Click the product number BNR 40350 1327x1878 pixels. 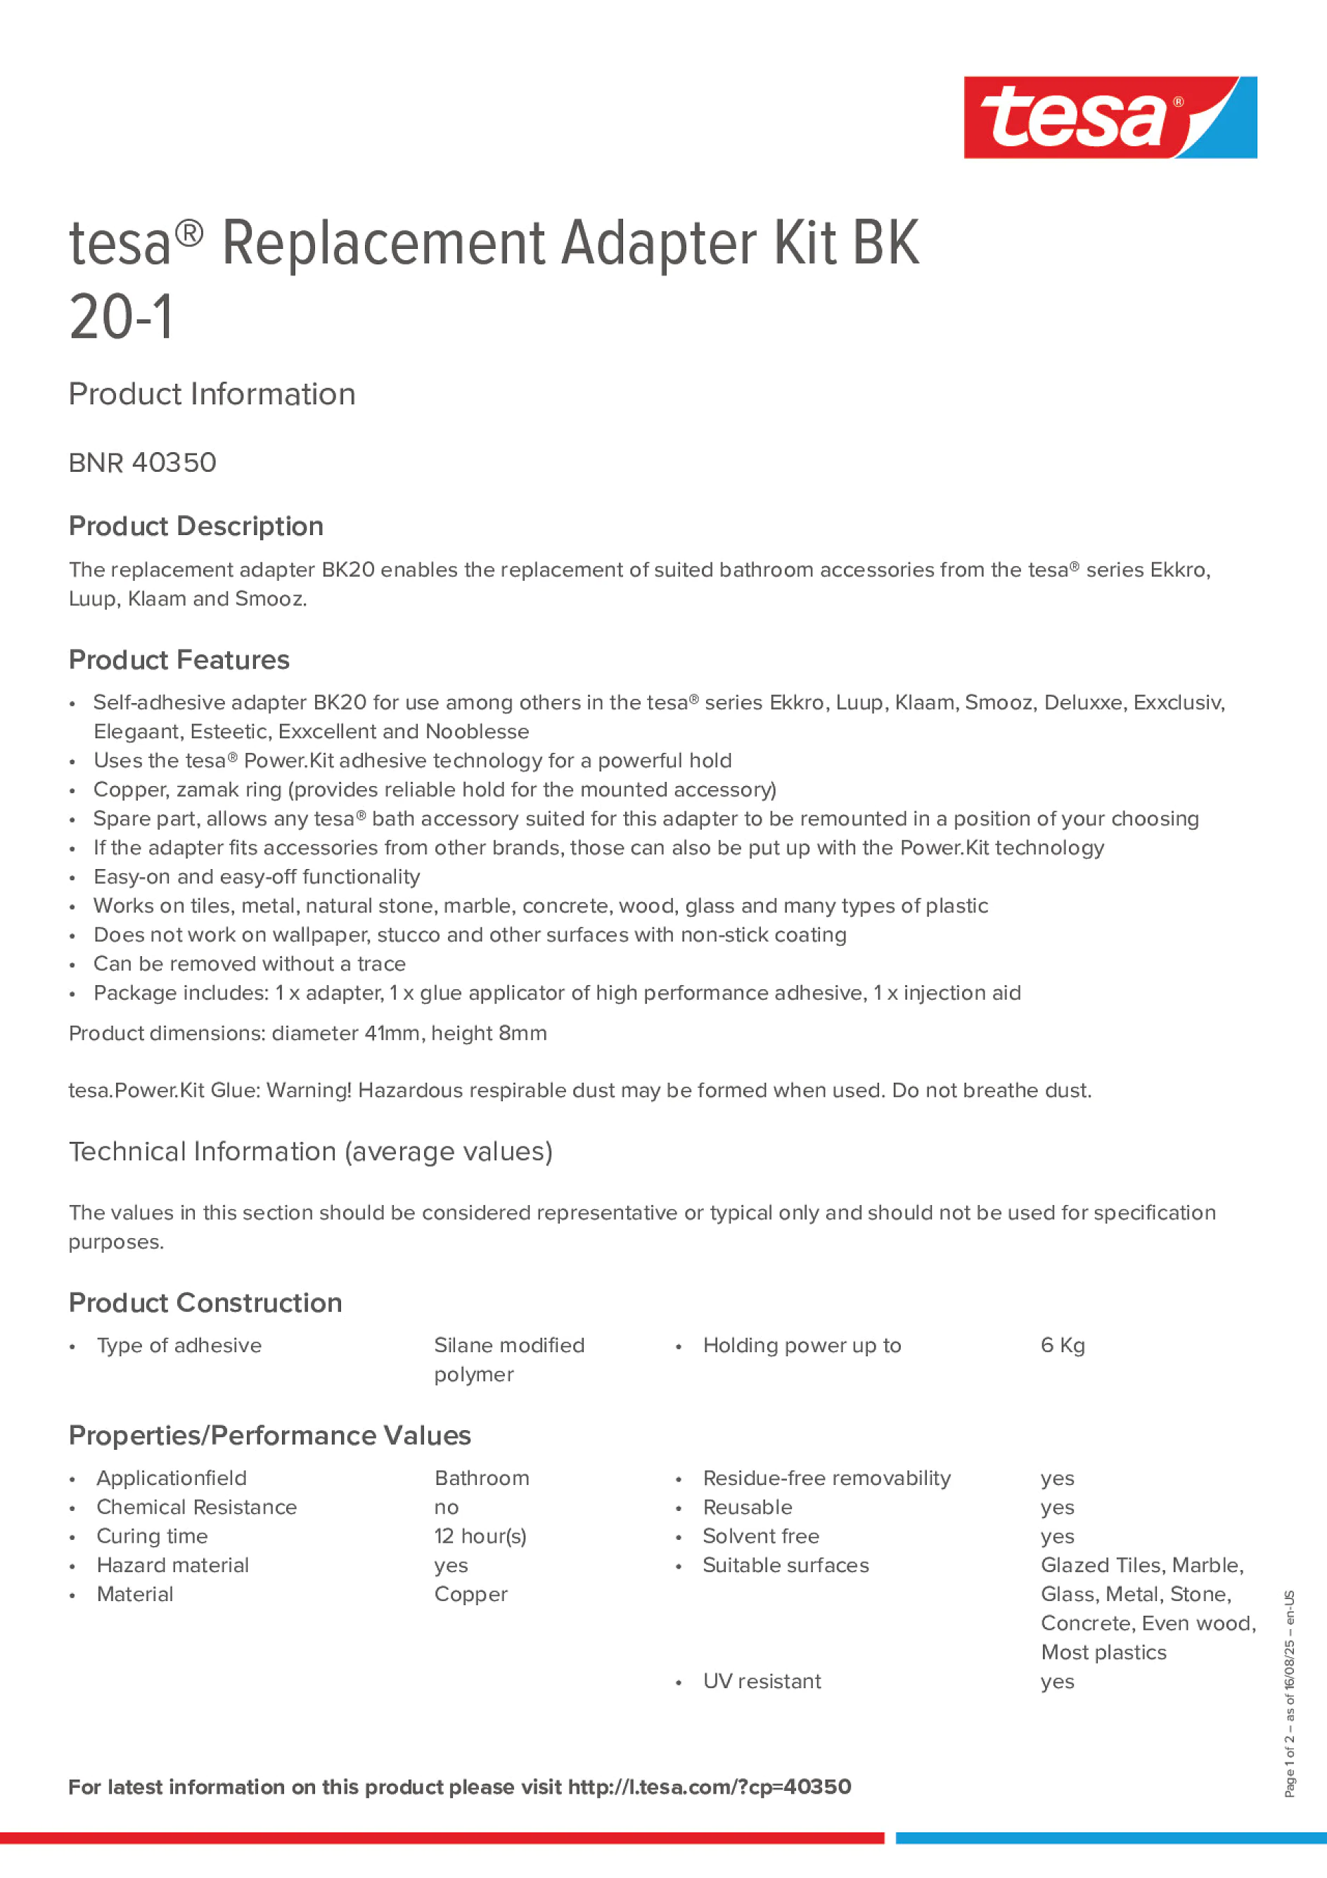[x=142, y=463]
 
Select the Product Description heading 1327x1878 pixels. [x=195, y=526]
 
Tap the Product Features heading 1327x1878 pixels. [x=179, y=660]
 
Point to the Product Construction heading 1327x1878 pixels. [x=205, y=1303]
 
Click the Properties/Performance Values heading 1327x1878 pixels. [x=269, y=1436]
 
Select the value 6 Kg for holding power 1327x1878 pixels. [x=1062, y=1346]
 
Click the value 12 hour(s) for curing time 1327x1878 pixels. [x=480, y=1536]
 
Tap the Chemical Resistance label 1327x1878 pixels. [x=196, y=1507]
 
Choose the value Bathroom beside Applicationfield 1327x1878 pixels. [x=482, y=1478]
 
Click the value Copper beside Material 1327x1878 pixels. [x=470, y=1594]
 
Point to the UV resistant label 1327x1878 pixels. [x=762, y=1681]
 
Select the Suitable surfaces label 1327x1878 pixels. [x=786, y=1566]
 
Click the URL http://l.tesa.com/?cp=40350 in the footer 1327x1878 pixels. [x=710, y=1787]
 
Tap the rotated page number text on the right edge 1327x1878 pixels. [x=1290, y=1693]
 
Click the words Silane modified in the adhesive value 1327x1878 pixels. [x=509, y=1346]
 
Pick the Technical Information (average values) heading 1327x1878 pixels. [x=310, y=1152]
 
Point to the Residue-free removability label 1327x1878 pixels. [x=826, y=1478]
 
